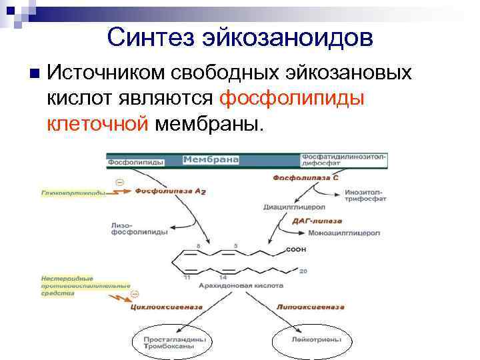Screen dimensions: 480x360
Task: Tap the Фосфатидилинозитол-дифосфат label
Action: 343,160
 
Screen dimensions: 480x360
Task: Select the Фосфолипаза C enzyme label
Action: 300,178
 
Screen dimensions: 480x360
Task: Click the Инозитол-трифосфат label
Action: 364,196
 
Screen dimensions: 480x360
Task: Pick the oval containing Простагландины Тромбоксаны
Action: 169,343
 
